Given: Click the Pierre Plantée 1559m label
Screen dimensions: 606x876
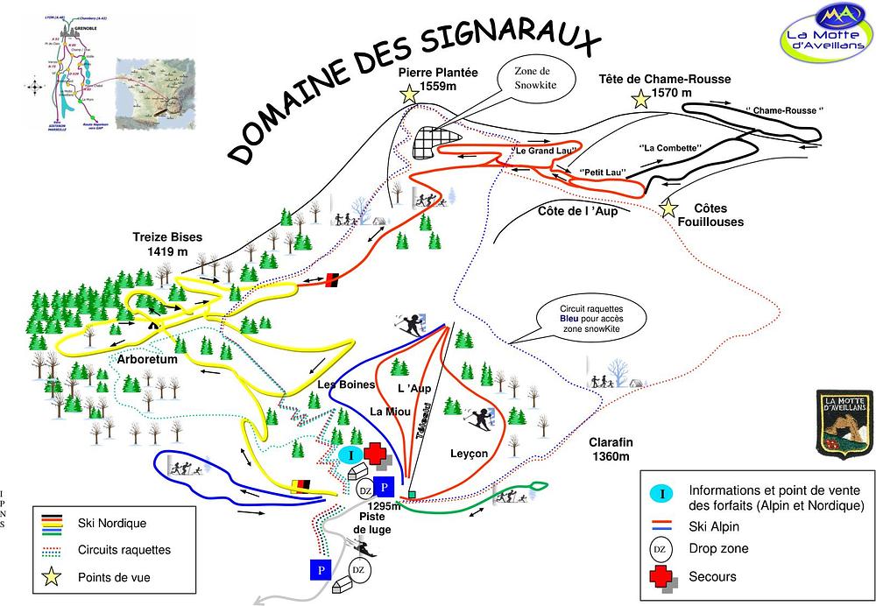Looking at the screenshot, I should coord(437,79).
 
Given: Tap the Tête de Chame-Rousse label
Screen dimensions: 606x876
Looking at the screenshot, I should coord(664,85).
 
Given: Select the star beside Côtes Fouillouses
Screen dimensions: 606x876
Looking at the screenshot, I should coord(668,208).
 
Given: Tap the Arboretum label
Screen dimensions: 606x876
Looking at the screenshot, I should coord(147,359).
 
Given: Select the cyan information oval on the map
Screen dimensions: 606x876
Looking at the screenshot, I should coord(350,454).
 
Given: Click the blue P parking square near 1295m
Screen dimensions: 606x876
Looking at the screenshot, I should coord(383,488).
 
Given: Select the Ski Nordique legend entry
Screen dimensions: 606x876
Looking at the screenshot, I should coord(111,524).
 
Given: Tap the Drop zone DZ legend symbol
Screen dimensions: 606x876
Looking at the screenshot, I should coord(662,549).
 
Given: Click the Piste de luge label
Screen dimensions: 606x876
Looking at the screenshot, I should coord(371,523).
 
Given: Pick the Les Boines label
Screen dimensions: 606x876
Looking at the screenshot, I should coord(346,384).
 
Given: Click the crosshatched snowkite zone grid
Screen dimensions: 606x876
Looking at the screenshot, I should coord(436,143).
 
